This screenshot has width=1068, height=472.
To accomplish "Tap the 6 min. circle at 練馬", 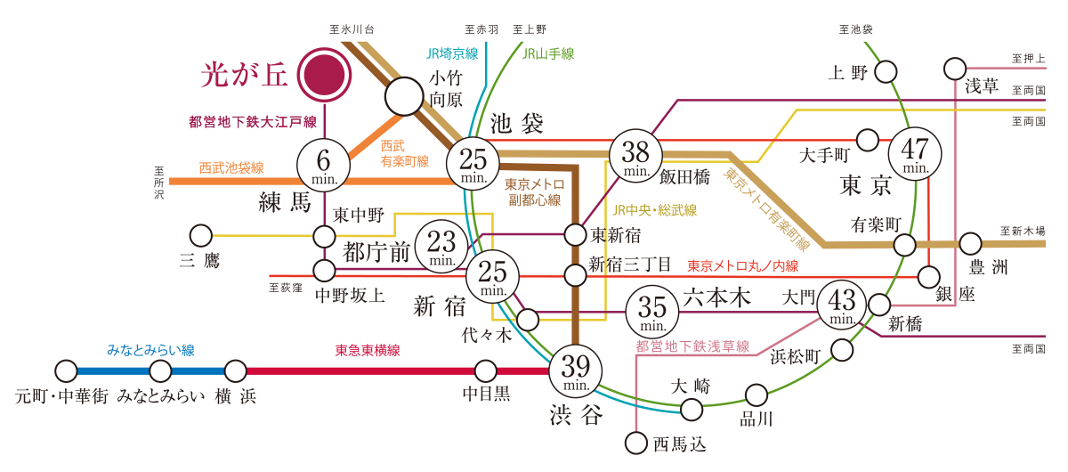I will (x=325, y=165).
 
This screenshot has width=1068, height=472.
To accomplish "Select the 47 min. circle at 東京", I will (x=917, y=156).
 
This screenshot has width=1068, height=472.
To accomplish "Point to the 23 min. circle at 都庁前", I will (x=442, y=244).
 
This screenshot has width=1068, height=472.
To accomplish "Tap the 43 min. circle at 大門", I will (x=842, y=305).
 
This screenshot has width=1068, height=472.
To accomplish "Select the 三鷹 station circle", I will (x=201, y=236).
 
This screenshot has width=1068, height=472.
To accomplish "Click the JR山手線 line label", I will (x=547, y=54).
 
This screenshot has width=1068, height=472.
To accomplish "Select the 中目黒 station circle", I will (x=486, y=370).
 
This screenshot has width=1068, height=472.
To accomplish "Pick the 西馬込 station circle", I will (x=635, y=442).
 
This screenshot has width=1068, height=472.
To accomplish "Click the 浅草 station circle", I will (x=954, y=68).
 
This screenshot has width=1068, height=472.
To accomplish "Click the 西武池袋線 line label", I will (x=231, y=167).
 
